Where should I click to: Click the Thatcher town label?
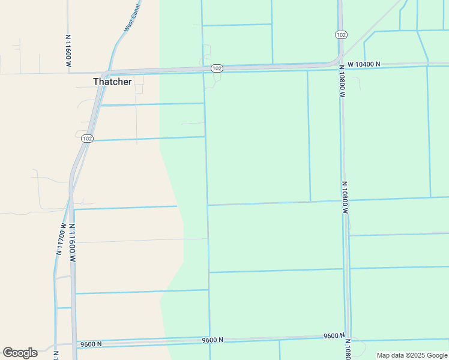(x=112, y=82)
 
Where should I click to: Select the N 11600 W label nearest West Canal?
(x=68, y=50)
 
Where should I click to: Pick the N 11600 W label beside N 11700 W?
(x=71, y=242)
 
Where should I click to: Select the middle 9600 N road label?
(x=212, y=340)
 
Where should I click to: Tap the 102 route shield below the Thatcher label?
(x=87, y=139)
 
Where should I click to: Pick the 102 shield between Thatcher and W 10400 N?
(x=217, y=69)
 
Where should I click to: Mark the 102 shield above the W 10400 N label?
(x=341, y=35)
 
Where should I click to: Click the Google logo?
(x=20, y=353)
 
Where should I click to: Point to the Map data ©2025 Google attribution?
(x=412, y=355)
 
